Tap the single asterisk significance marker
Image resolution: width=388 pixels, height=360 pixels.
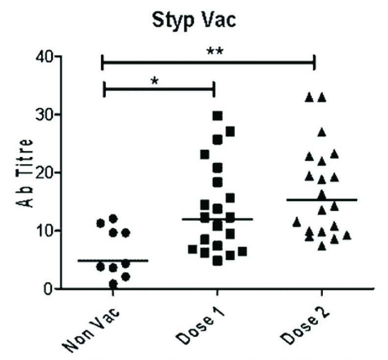[x=155, y=81]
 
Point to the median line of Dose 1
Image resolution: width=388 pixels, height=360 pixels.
[x=218, y=219]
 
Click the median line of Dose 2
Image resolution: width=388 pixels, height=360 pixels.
[x=322, y=200]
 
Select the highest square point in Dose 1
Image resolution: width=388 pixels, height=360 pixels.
[x=218, y=116]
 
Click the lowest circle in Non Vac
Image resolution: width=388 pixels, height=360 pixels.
[x=113, y=283]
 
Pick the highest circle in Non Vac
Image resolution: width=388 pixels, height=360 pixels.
[x=113, y=218]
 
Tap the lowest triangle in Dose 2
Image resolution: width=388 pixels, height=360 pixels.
[x=322, y=246]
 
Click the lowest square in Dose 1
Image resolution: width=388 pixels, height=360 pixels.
[x=218, y=261]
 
